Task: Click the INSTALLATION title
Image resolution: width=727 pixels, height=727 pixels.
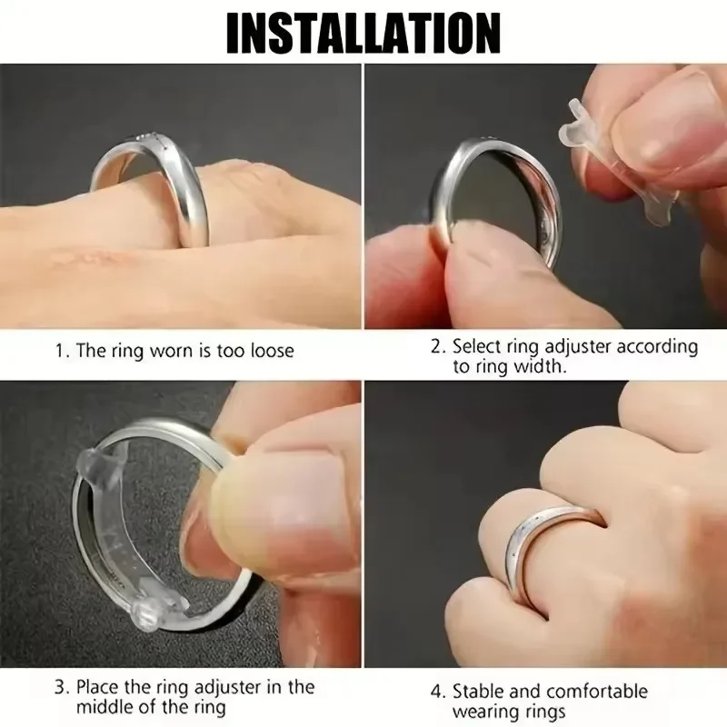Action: pyautogui.click(x=363, y=34)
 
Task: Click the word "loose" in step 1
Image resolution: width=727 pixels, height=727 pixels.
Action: pyautogui.click(x=272, y=351)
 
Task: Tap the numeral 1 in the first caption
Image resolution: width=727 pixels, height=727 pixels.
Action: pyautogui.click(x=60, y=351)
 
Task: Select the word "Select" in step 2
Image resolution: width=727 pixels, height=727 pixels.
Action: pyautogui.click(x=476, y=346)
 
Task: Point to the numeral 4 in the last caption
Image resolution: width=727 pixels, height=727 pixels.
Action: pyautogui.click(x=436, y=692)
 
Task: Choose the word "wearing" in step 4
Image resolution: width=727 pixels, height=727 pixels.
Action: pyautogui.click(x=483, y=712)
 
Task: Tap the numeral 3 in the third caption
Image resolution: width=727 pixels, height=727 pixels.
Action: pyautogui.click(x=61, y=687)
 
